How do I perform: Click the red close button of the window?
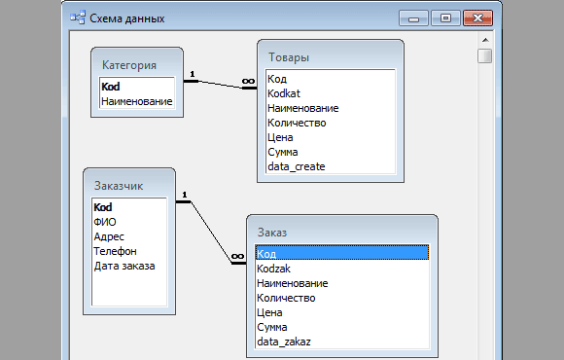(477, 18)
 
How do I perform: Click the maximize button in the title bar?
(445, 18)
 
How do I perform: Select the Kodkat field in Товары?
(284, 93)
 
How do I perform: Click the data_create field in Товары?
(297, 166)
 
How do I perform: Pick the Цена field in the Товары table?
(280, 137)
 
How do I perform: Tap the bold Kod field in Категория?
(111, 87)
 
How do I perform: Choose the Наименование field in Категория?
(137, 101)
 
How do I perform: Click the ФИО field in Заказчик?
(105, 222)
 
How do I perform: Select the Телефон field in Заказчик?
(115, 251)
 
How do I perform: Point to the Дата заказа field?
(124, 266)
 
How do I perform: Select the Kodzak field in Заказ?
(273, 269)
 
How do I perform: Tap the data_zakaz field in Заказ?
(284, 342)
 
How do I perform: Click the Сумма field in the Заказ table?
(272, 327)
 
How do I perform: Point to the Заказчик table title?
(119, 186)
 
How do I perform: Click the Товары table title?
(289, 57)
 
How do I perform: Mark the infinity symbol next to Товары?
(249, 82)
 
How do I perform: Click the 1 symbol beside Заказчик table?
(185, 195)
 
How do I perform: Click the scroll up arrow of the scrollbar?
(485, 40)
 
